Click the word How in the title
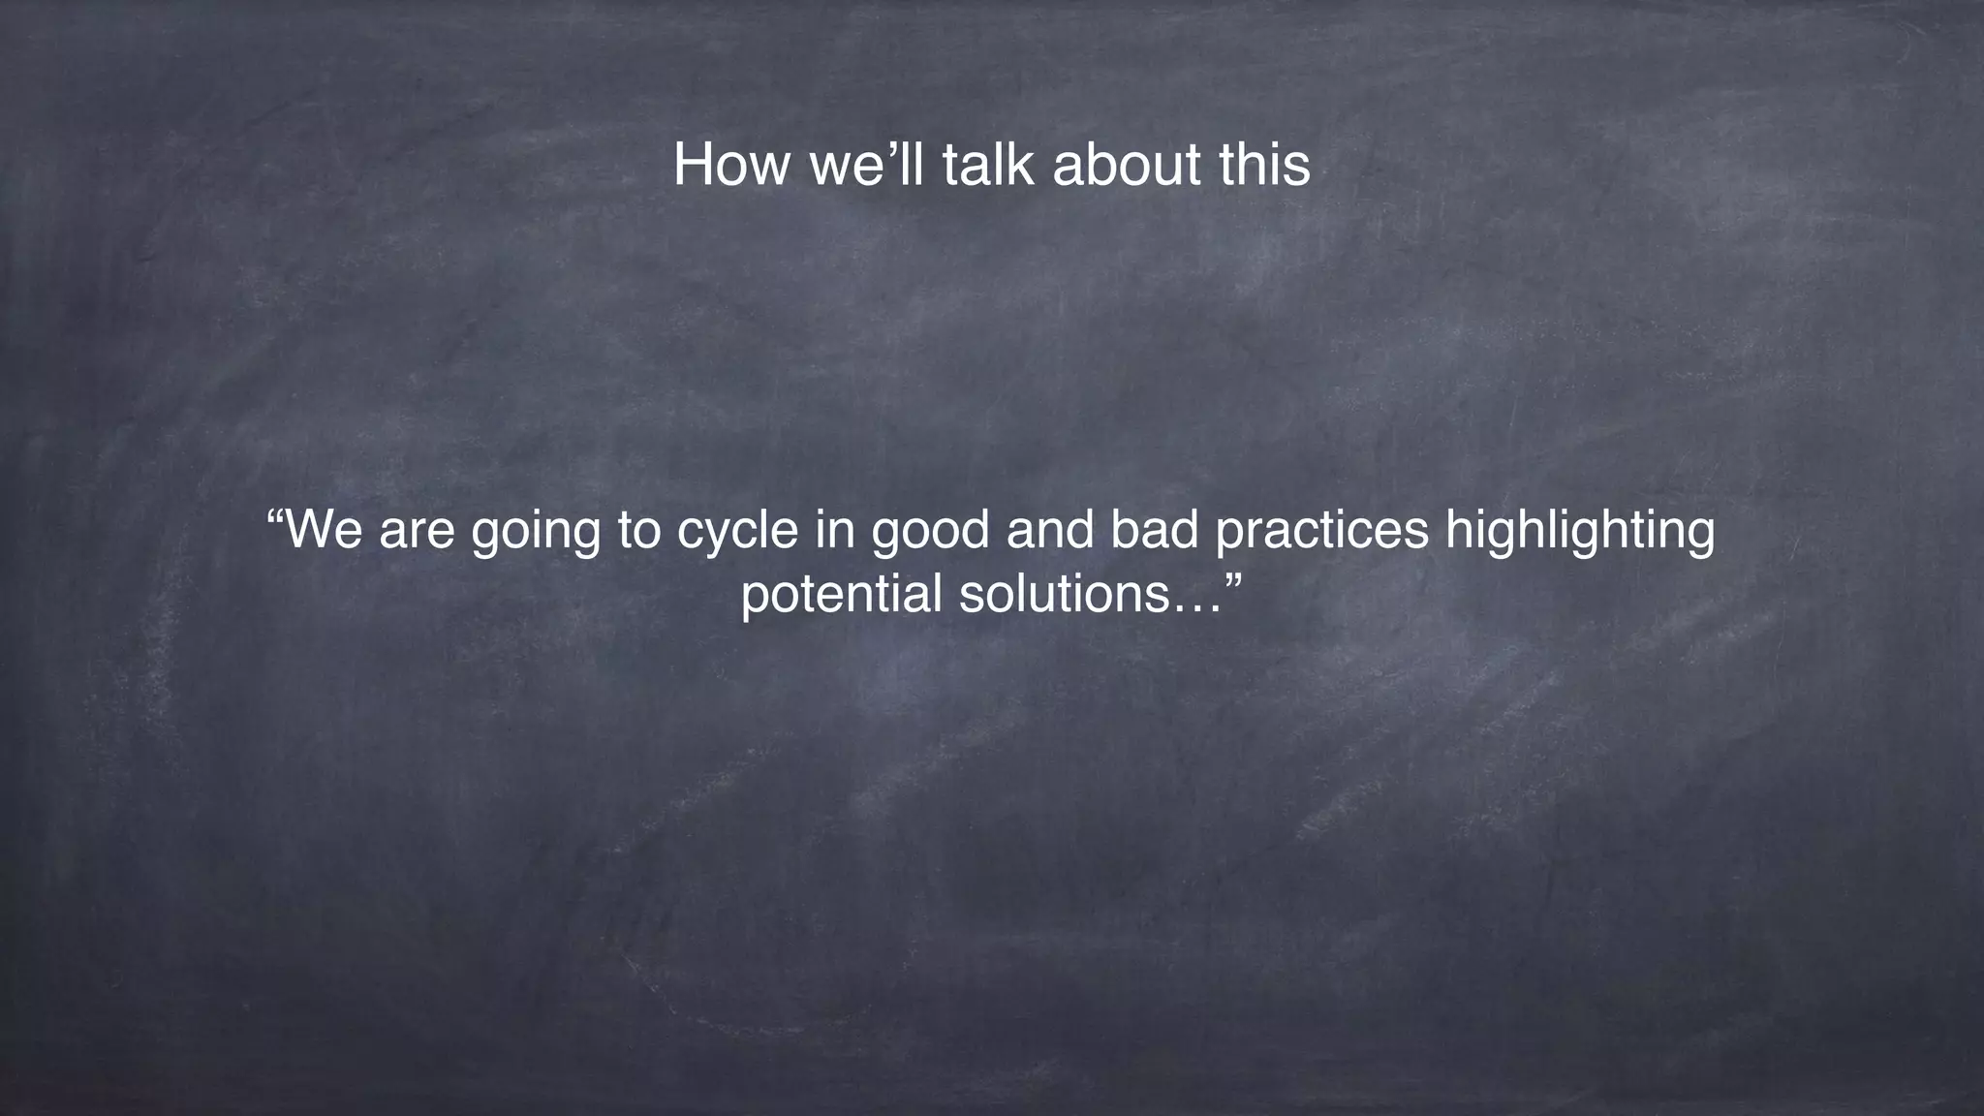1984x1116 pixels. tap(731, 165)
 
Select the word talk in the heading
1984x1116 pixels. tap(989, 165)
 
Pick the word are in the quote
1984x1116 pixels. tap(417, 532)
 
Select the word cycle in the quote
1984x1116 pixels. tap(737, 532)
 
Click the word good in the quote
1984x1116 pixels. tap(930, 534)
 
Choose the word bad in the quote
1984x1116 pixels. tap(1155, 530)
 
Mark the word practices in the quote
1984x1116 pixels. tap(1321, 532)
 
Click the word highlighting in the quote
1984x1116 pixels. tap(1580, 534)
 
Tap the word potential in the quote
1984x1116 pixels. tap(842, 594)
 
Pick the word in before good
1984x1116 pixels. tap(830, 530)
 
